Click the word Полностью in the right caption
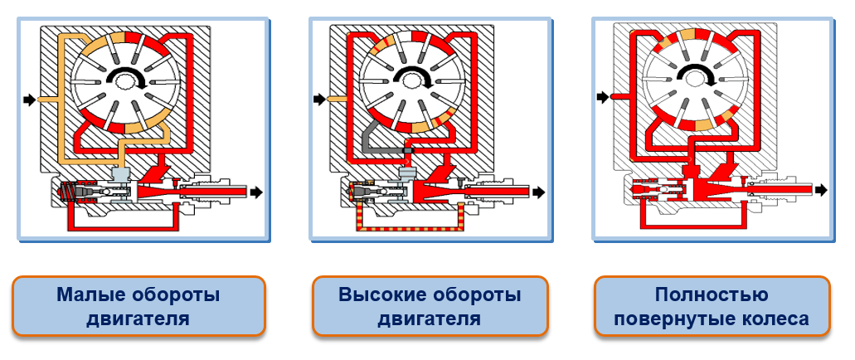[712, 294]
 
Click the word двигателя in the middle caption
[430, 319]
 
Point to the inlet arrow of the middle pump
[319, 100]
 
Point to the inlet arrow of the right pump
[605, 98]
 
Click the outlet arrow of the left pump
[257, 192]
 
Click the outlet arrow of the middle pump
[540, 192]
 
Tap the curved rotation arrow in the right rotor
[702, 76]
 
